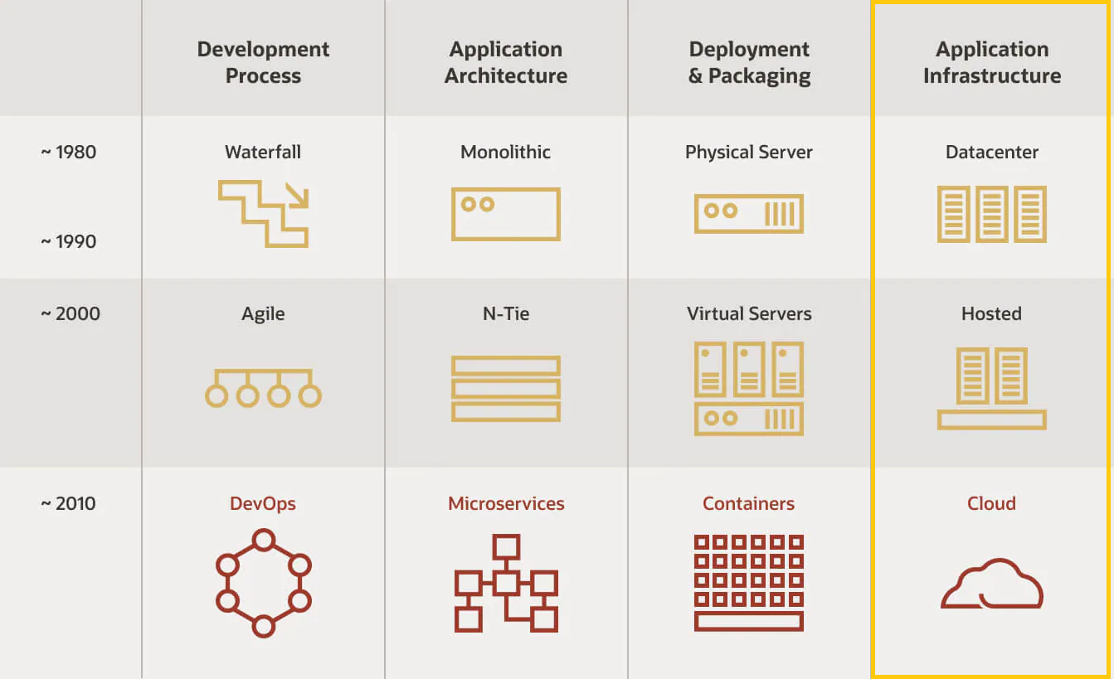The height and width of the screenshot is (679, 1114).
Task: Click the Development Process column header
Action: tap(263, 62)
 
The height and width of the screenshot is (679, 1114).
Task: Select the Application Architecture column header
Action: tap(506, 62)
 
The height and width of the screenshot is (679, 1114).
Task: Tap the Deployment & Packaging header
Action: tap(749, 62)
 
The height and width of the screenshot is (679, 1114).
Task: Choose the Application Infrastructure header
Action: tap(992, 62)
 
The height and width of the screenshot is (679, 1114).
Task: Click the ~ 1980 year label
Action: tap(69, 153)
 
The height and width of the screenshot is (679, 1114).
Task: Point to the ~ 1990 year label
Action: tap(69, 242)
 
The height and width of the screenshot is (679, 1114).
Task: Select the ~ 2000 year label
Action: tap(71, 314)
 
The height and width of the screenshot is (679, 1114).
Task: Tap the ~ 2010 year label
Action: tap(69, 504)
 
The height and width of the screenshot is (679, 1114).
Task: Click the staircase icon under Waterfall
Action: tap(264, 213)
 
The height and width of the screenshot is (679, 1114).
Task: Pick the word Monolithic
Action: tap(506, 153)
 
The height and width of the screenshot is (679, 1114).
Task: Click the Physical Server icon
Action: tap(749, 213)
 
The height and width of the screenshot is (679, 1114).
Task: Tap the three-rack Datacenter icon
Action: tap(992, 213)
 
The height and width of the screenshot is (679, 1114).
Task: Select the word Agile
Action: tap(263, 314)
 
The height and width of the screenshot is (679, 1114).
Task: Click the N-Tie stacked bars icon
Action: tap(506, 388)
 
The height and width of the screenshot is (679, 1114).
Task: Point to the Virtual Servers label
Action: tap(749, 314)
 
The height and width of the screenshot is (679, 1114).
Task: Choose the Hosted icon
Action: tap(992, 388)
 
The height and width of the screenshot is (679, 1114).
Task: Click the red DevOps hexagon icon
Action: tap(263, 584)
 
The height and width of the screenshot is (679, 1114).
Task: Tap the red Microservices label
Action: tap(506, 504)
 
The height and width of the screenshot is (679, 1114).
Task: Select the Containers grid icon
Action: tap(749, 582)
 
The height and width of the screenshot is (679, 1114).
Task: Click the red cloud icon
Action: tap(992, 584)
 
